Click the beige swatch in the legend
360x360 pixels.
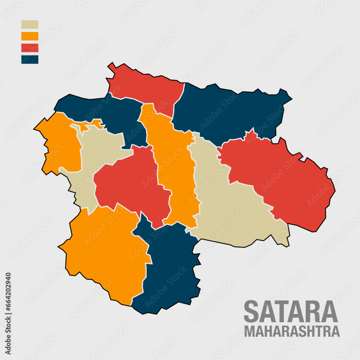[30, 24]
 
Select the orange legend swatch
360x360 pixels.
[30, 36]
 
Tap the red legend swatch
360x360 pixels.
[30, 48]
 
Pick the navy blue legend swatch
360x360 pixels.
[30, 59]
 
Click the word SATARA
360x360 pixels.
[291, 312]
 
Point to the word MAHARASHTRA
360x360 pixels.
[292, 331]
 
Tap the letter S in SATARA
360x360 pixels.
[252, 312]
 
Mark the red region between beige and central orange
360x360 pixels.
[130, 184]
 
